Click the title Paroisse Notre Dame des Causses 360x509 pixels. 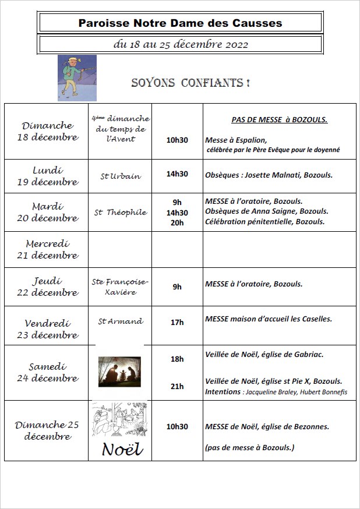pos(180,23)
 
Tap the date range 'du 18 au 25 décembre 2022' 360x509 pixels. pos(180,44)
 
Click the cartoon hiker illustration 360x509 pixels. pos(77,78)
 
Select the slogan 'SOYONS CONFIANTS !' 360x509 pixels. pos(190,83)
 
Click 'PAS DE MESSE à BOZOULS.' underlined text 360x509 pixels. pos(279,120)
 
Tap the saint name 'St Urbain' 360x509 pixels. pos(120,176)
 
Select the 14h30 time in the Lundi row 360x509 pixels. pos(177,174)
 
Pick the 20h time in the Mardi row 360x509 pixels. pos(177,222)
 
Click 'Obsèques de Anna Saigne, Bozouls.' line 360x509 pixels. pos(266,211)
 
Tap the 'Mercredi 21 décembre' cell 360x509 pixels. pos(47,250)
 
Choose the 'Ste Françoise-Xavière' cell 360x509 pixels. pos(121,287)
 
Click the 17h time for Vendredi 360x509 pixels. pos(177,322)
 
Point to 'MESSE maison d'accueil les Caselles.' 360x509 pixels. pos(269,319)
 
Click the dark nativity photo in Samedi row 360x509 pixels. pos(119,372)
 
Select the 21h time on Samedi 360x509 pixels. pos(177,386)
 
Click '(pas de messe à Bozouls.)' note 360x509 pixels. pos(249,447)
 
